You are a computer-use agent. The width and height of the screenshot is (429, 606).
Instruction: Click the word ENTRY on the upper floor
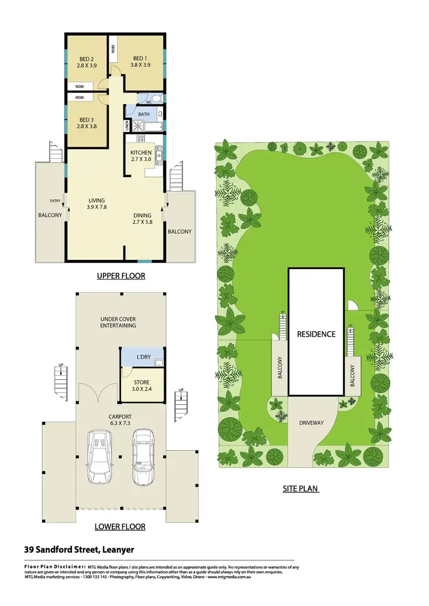(x=55, y=200)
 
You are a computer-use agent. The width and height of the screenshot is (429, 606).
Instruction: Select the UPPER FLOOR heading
(x=121, y=276)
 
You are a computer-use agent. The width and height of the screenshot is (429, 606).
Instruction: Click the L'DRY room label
(x=143, y=357)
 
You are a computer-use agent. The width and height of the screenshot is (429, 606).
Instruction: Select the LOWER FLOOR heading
(x=121, y=527)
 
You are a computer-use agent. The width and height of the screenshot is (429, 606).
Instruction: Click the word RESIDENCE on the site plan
(x=316, y=334)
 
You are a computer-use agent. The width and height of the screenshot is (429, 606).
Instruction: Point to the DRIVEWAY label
(x=311, y=423)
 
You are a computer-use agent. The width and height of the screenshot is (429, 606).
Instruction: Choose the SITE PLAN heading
(x=300, y=488)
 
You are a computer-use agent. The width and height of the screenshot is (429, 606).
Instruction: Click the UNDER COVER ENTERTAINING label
(x=118, y=322)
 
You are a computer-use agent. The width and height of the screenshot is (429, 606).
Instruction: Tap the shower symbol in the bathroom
(x=137, y=126)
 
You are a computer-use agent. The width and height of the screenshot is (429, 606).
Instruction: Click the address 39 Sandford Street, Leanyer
(x=79, y=550)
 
